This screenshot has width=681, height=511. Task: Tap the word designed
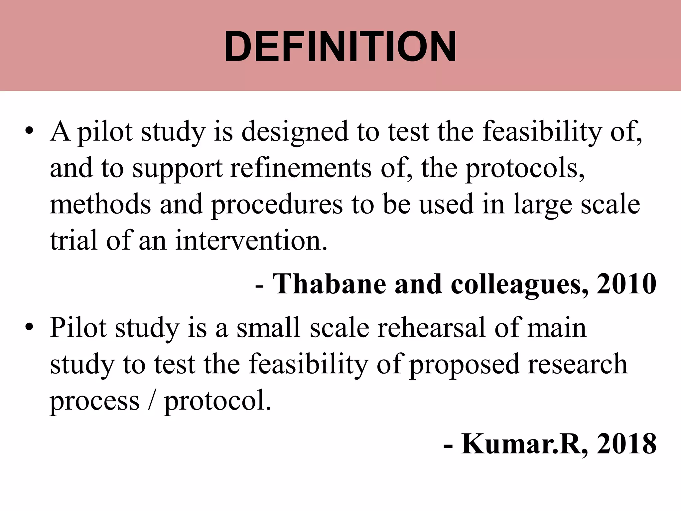click(295, 132)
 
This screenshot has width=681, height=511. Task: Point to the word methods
click(100, 204)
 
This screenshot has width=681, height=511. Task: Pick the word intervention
click(251, 240)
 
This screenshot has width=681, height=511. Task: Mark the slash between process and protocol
click(152, 400)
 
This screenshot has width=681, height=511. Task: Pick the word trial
click(73, 240)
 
